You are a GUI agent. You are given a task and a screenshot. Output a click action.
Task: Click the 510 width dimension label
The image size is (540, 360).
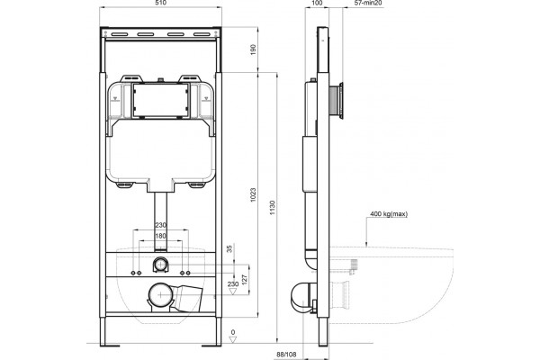(161, 3)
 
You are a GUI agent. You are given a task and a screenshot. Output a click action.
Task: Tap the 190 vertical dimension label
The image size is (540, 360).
(253, 50)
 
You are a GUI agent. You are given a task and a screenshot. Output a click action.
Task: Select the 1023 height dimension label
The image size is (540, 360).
(253, 195)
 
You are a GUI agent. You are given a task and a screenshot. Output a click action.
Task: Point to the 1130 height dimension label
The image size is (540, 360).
(273, 208)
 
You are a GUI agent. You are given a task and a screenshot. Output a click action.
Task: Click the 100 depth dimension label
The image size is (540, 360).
(317, 3)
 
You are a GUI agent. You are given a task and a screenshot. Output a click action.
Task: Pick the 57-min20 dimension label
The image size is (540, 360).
(368, 3)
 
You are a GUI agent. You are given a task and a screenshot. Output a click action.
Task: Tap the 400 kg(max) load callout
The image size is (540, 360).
(389, 214)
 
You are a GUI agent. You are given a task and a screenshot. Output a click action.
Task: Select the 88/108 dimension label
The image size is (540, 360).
(286, 354)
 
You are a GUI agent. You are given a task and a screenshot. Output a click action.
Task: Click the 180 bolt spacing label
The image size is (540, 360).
(160, 236)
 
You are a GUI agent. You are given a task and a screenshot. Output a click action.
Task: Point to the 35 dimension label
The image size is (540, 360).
(230, 248)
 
